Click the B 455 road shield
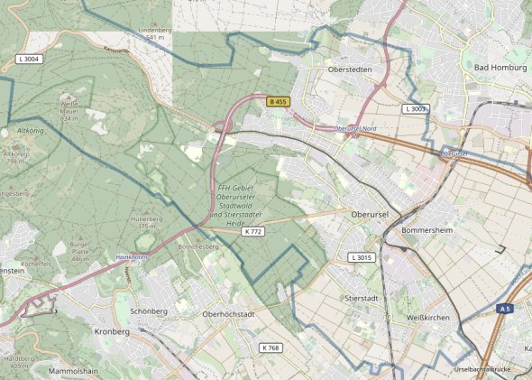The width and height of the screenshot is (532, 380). (x=279, y=102)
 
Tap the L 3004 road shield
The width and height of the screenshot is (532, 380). (x=30, y=59)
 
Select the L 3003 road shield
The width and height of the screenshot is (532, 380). (x=416, y=108)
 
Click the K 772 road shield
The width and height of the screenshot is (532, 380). (x=253, y=232)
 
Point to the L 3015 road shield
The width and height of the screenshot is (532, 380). (x=361, y=258)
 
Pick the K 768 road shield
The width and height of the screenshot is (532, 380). (x=271, y=348)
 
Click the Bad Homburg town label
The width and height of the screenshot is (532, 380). (x=493, y=68)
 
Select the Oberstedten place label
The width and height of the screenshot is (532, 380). (x=348, y=69)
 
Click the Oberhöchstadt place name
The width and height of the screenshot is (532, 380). (x=230, y=314)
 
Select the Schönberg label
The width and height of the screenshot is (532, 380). (x=149, y=310)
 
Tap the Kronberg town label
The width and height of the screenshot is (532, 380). (x=112, y=332)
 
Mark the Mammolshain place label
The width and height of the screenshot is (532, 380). (x=78, y=370)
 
